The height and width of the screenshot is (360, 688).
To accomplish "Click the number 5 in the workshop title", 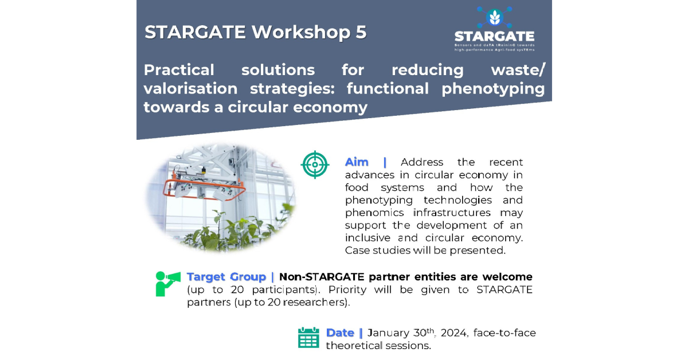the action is (361, 32).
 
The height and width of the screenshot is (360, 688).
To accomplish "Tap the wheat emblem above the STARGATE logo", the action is (494, 18).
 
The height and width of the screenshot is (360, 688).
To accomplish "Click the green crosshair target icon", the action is (315, 165).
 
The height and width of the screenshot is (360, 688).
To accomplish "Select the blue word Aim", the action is (357, 162).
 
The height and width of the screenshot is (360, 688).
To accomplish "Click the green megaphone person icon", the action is (167, 284).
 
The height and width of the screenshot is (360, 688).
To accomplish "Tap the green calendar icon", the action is (308, 338).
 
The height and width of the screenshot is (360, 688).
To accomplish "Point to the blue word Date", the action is (340, 332).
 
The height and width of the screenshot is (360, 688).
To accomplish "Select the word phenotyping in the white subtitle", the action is (493, 89).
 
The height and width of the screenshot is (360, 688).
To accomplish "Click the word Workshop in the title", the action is (301, 32).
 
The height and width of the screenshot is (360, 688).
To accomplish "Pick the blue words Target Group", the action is (226, 277).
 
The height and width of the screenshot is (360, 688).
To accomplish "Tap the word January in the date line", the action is (389, 333).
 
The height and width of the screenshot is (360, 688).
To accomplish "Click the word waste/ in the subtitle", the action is (518, 70).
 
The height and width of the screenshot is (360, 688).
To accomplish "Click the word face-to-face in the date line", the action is (505, 332).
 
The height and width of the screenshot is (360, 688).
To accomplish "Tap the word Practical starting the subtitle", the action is (179, 70).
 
